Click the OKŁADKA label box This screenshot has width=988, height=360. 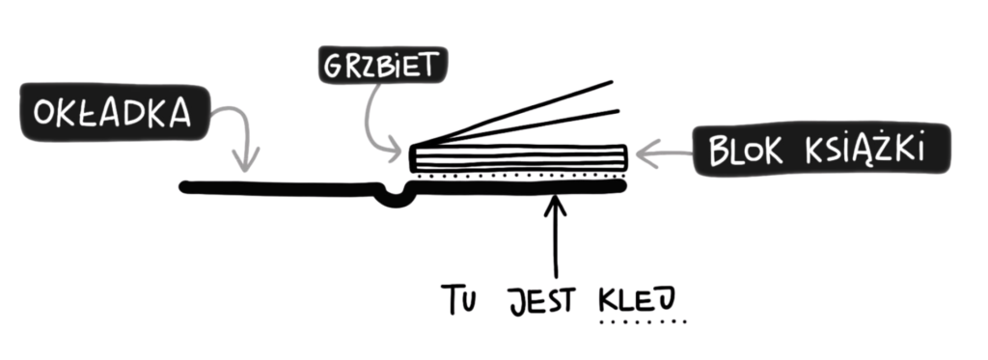116,112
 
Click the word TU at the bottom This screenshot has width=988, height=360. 457,299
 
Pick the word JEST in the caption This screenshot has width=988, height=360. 542,301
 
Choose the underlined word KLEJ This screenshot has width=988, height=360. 637,301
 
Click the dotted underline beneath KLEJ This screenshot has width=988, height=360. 643,322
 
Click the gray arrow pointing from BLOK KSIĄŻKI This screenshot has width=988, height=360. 664,153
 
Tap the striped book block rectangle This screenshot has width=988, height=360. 518,158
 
